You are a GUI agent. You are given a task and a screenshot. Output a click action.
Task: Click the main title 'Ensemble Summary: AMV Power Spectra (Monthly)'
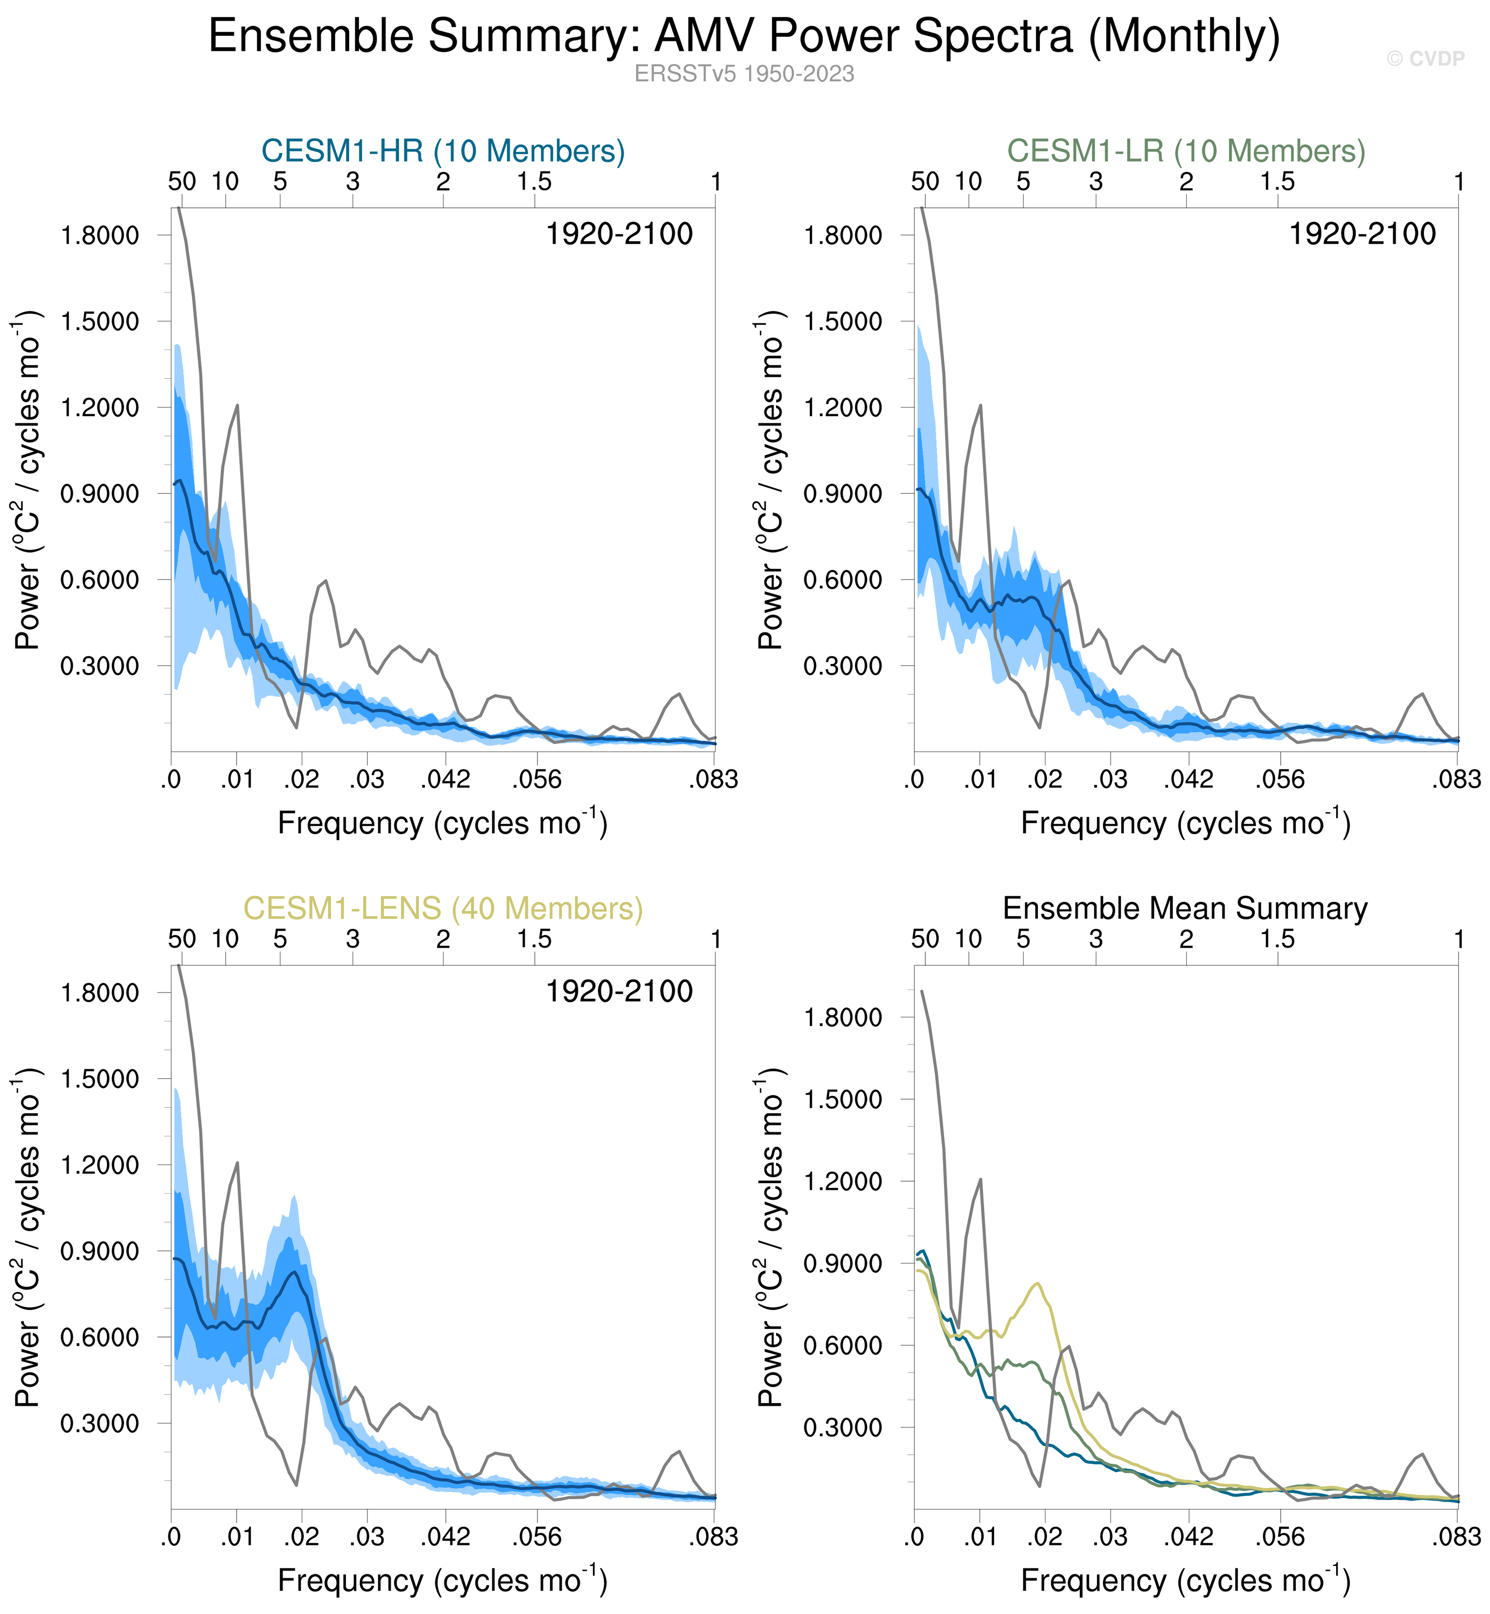(743, 37)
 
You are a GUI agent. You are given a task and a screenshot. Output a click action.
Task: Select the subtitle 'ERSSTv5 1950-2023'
(743, 74)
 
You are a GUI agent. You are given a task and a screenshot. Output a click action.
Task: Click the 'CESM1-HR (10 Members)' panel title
(443, 151)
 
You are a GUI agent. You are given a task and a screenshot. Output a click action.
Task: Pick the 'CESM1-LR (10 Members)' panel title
(1186, 151)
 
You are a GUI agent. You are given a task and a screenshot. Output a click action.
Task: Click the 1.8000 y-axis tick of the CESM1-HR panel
(100, 236)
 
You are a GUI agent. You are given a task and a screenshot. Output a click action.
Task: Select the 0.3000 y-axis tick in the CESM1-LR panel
(843, 666)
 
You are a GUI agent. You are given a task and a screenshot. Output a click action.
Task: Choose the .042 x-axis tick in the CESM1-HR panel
(445, 779)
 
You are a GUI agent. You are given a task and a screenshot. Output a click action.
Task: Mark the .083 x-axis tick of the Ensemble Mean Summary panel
(1456, 1537)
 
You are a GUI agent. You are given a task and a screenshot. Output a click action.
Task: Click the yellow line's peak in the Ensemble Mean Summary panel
(1038, 1284)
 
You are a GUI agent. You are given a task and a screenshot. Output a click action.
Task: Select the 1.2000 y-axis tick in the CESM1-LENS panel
(100, 1165)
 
